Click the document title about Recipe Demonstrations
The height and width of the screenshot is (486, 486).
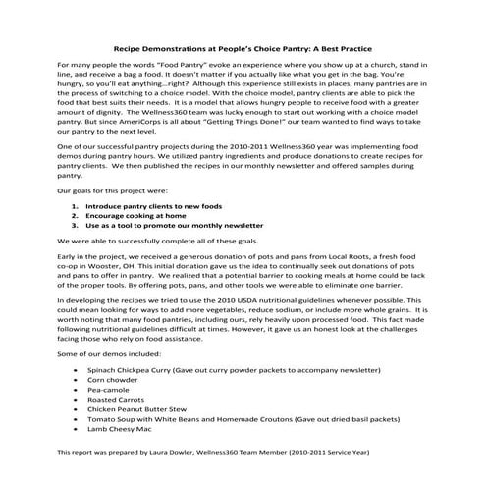coord(243,46)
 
